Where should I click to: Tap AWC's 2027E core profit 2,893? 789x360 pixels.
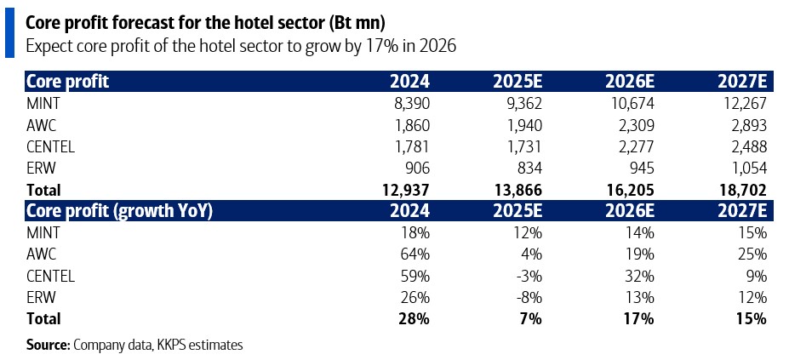pos(746,124)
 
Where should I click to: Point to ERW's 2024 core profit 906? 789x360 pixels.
pos(415,168)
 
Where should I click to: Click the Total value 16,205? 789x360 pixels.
pos(626,190)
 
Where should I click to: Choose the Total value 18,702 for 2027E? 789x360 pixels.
pos(740,190)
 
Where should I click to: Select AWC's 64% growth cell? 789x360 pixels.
pos(415,254)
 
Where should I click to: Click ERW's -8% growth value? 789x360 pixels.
pos(528,297)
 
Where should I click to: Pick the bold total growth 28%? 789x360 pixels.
pos(414,319)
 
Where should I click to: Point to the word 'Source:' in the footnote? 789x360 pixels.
pos(49,345)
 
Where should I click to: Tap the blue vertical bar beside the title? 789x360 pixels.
pos(9,30)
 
